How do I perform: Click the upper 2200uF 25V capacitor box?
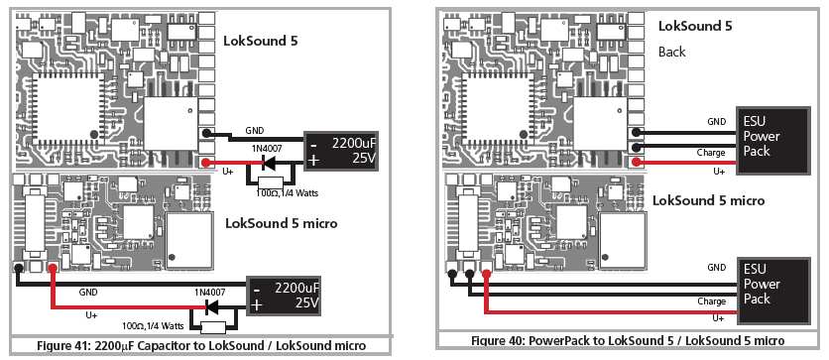point(340,150)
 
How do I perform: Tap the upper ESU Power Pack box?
point(773,141)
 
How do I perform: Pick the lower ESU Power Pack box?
point(773,291)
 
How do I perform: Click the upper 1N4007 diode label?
point(267,150)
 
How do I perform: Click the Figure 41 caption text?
point(201,346)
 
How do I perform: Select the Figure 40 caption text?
point(628,340)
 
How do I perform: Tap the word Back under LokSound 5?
point(672,52)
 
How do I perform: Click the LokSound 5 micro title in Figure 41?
point(282,223)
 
